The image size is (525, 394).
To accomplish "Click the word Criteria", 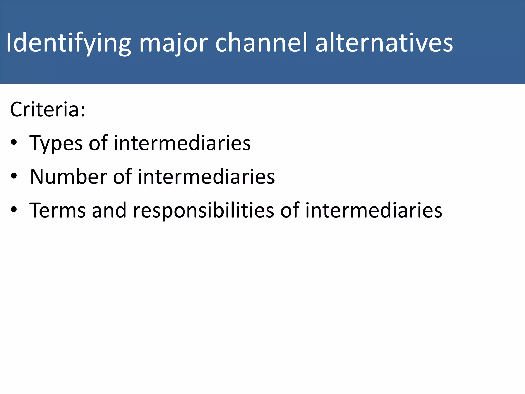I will pyautogui.click(x=45, y=110).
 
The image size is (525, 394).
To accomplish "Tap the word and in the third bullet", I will pyautogui.click(x=109, y=210).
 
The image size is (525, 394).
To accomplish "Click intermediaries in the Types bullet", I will pyautogui.click(x=182, y=143).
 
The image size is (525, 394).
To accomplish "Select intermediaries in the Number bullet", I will pyautogui.click(x=206, y=177).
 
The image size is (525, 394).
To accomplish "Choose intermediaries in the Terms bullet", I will pyautogui.click(x=373, y=210).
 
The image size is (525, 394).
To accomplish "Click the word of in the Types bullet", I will pyautogui.click(x=98, y=143).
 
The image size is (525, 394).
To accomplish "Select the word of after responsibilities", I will pyautogui.click(x=290, y=210).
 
